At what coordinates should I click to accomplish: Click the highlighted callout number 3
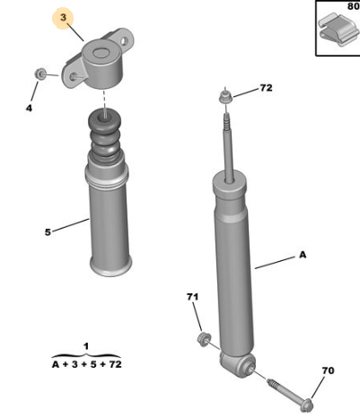63,18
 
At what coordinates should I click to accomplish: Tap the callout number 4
29,108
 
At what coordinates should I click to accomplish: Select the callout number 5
48,232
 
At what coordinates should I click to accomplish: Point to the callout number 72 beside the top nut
266,88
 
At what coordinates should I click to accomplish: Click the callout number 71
192,297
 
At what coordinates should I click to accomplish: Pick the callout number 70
328,370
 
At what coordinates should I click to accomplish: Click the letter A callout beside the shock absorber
303,255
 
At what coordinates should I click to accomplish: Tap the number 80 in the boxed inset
354,6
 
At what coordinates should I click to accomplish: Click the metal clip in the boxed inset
338,29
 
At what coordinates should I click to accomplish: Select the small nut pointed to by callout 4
40,74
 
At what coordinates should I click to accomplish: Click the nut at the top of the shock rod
225,96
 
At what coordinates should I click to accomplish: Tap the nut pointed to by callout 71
204,339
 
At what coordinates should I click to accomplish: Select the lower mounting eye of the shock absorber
238,363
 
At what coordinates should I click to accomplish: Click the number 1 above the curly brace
86,346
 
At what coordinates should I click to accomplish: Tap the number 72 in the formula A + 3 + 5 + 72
115,364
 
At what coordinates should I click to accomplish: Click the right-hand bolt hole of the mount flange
125,41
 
